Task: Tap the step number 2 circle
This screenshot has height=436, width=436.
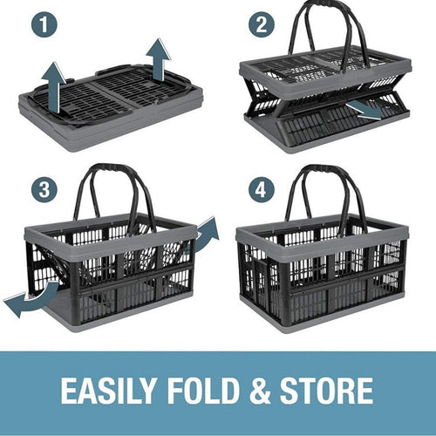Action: (x=259, y=26)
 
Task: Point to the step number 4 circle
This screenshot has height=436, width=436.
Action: (x=259, y=188)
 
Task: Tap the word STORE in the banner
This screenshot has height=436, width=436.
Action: (x=327, y=390)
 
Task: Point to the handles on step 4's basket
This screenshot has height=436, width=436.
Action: (x=323, y=187)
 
